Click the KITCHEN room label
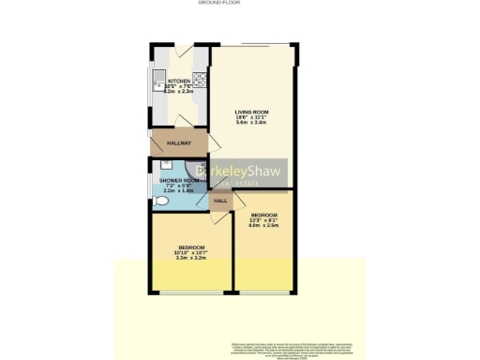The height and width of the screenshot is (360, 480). (178, 82)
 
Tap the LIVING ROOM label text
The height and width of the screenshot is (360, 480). (250, 112)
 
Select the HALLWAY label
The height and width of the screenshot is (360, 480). (178, 143)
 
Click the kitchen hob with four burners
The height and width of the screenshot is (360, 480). (199, 82)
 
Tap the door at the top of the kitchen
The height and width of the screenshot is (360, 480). (179, 47)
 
